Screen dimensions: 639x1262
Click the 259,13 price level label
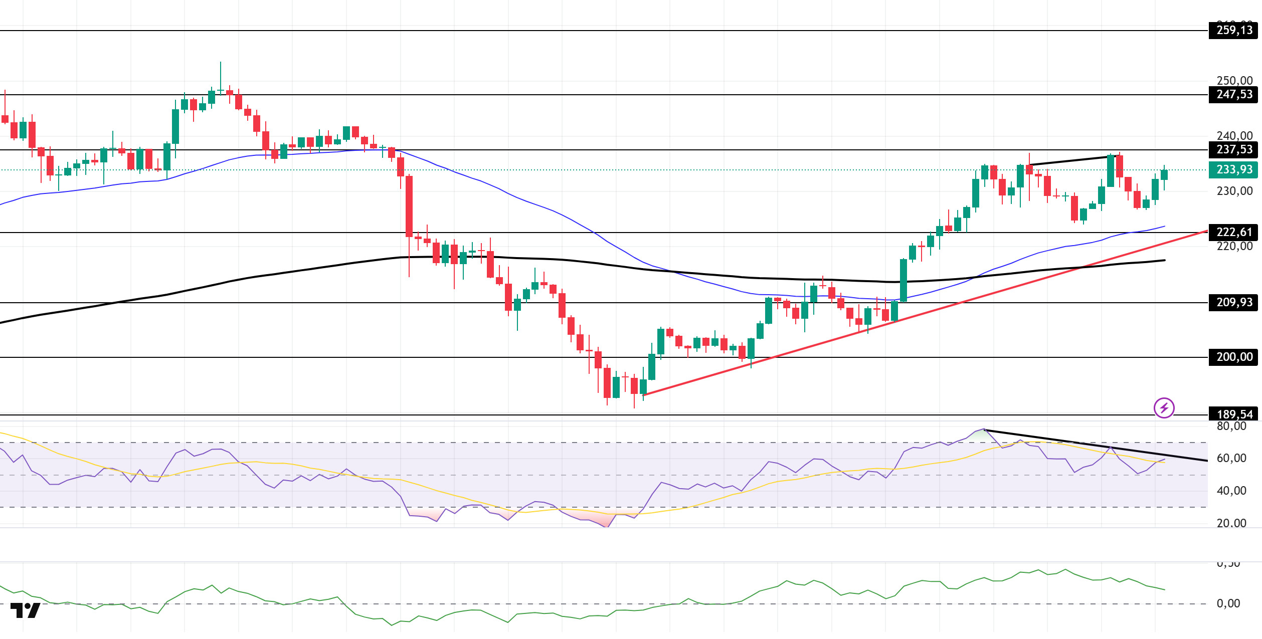click(x=1233, y=31)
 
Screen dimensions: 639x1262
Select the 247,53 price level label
click(x=1233, y=94)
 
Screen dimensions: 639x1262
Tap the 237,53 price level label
click(x=1233, y=149)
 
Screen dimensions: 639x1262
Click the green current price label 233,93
click(x=1233, y=169)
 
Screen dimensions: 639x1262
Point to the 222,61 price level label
click(x=1233, y=232)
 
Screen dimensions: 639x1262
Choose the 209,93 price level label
click(x=1233, y=302)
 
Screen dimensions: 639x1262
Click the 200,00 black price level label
click(x=1233, y=357)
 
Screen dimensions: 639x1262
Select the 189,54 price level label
click(x=1233, y=414)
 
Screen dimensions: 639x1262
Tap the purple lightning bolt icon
click(x=1164, y=407)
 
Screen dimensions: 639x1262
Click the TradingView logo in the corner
click(x=25, y=610)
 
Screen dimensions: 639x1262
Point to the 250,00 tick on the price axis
click(x=1234, y=81)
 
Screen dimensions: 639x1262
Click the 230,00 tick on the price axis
click(x=1234, y=191)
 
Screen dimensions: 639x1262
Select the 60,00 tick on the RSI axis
click(x=1231, y=458)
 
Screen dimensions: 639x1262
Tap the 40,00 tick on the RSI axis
click(x=1231, y=491)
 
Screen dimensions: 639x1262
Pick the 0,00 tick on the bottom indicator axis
click(x=1228, y=603)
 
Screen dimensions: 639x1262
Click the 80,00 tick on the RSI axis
click(x=1231, y=427)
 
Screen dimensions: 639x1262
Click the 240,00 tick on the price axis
click(x=1234, y=136)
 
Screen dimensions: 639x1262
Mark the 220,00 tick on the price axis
click(x=1234, y=246)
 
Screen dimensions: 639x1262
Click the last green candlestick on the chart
click(x=1164, y=175)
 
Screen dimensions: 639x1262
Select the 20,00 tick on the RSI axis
click(x=1231, y=523)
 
